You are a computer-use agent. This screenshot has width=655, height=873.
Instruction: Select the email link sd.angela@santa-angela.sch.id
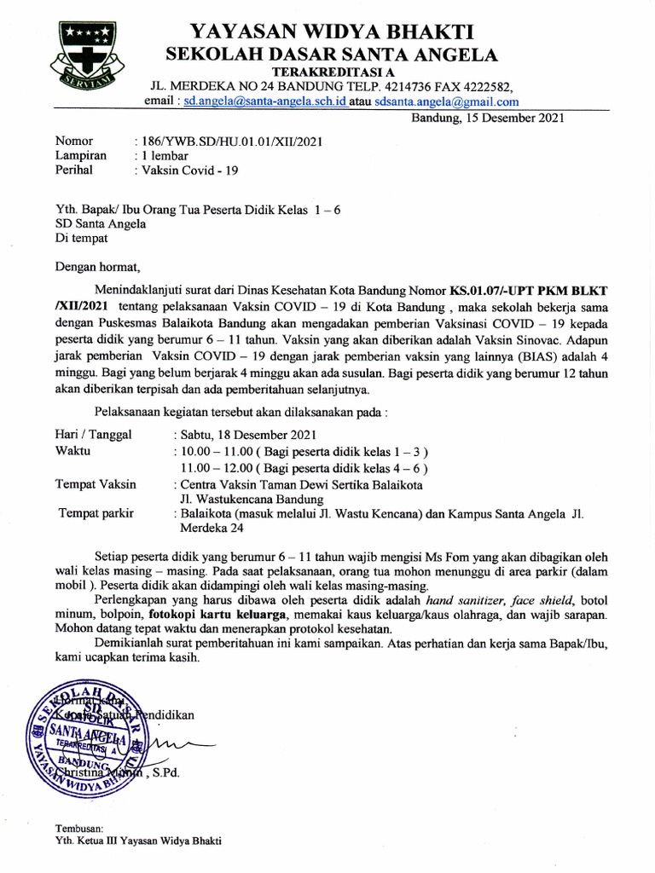[265, 101]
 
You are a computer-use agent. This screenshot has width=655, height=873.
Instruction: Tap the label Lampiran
[81, 156]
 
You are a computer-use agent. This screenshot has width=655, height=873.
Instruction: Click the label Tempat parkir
[95, 514]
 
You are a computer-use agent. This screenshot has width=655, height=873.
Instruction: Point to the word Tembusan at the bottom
[78, 828]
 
